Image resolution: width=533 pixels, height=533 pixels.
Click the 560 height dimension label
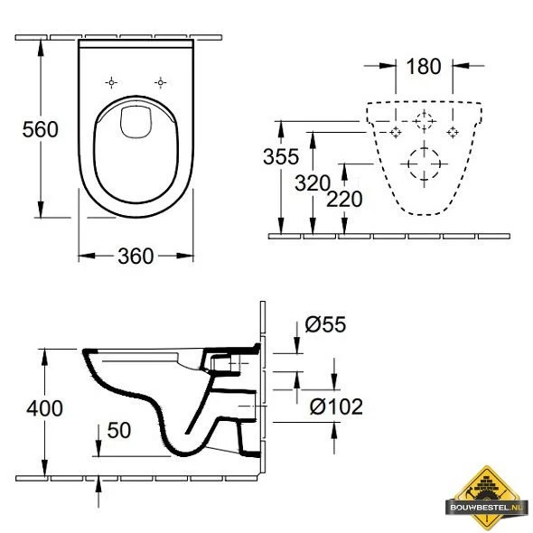[x=40, y=130]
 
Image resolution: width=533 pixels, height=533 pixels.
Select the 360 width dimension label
[x=136, y=256]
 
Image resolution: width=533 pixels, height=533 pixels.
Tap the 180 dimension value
[x=424, y=66]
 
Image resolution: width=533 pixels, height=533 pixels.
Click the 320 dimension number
[x=313, y=182]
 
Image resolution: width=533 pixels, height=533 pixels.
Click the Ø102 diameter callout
[x=336, y=407]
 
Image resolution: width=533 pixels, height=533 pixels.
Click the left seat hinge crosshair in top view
[x=111, y=82]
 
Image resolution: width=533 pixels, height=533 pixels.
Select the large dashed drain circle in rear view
[x=424, y=165]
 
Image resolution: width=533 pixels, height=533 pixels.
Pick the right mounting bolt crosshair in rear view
[x=453, y=133]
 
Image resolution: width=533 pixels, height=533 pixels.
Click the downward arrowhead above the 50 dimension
[x=98, y=452]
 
